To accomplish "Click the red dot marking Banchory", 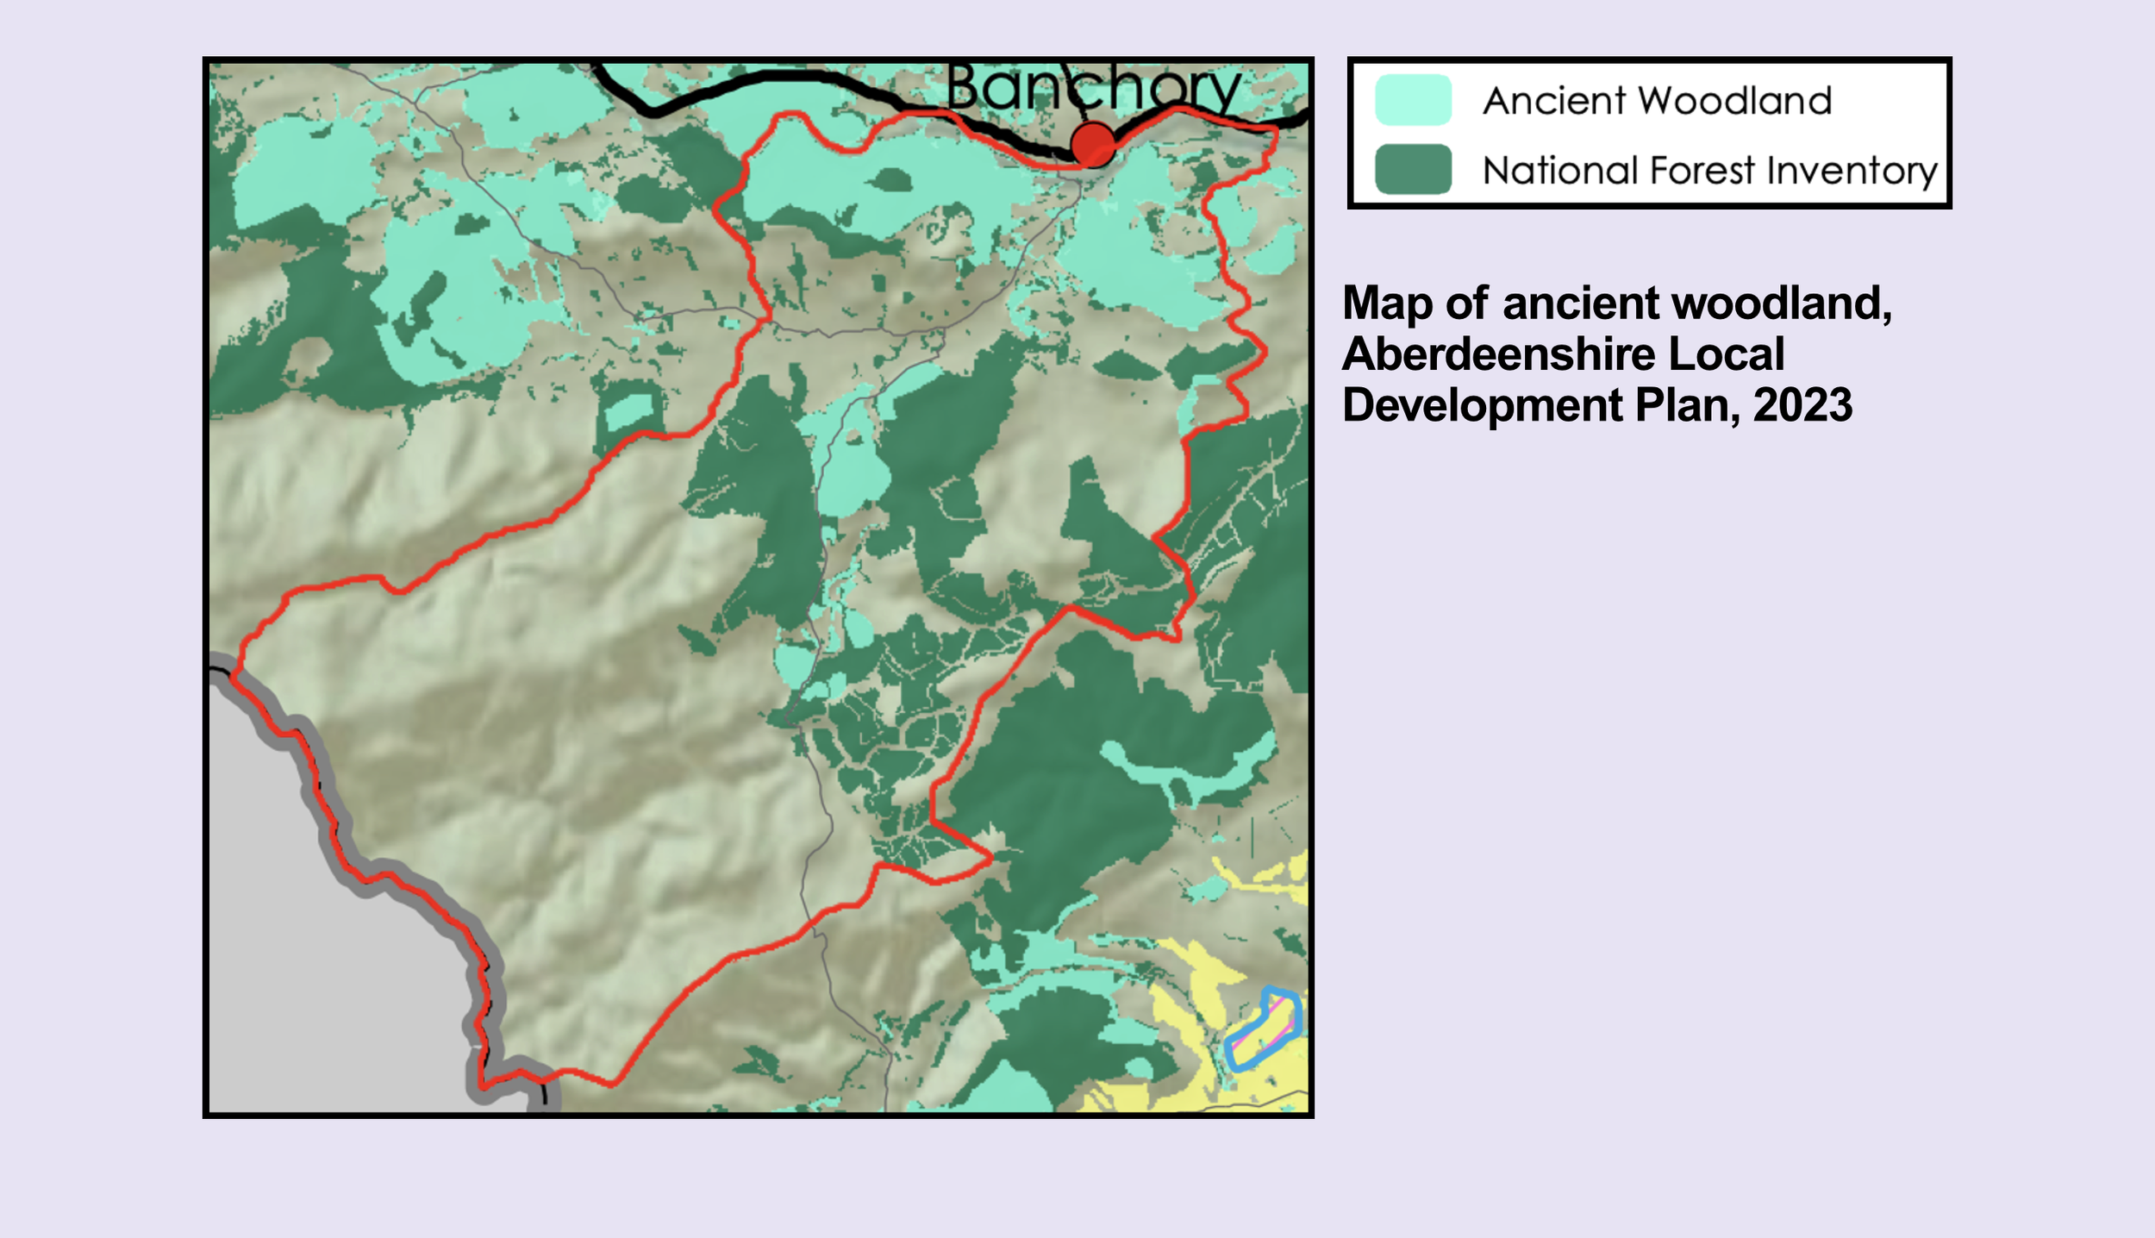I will click(x=1093, y=144).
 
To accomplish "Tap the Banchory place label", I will click(x=1093, y=88).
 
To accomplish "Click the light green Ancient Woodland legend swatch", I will click(x=1413, y=100).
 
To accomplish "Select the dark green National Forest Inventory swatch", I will click(x=1413, y=170).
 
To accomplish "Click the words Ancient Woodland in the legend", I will click(x=1657, y=101).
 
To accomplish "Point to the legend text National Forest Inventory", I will click(x=1709, y=171).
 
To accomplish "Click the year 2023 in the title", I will click(x=1802, y=405).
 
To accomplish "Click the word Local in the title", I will click(x=1726, y=354).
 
